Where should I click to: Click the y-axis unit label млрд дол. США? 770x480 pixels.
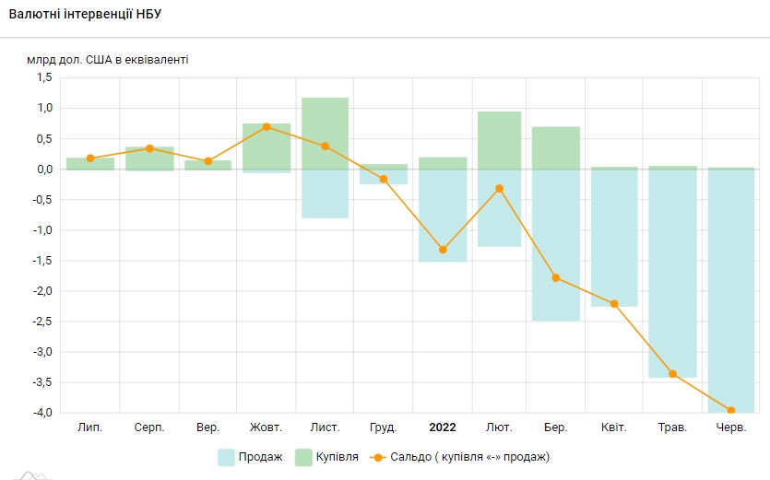pyautogui.click(x=107, y=60)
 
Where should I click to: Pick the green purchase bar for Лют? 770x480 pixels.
pyautogui.click(x=499, y=140)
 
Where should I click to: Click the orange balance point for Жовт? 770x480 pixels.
pyautogui.click(x=267, y=126)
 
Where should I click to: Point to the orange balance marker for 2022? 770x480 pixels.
pyautogui.click(x=443, y=250)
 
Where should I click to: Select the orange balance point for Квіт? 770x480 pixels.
pyautogui.click(x=614, y=304)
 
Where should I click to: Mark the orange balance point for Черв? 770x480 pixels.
pyautogui.click(x=731, y=411)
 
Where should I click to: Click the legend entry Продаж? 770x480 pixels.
pyautogui.click(x=250, y=457)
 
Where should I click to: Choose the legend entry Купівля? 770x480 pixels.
pyautogui.click(x=326, y=457)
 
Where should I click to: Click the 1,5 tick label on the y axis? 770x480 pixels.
pyautogui.click(x=44, y=78)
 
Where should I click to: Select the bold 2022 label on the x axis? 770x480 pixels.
pyautogui.click(x=443, y=427)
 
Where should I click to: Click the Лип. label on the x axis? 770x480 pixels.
pyautogui.click(x=90, y=427)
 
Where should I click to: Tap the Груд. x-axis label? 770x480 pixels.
pyautogui.click(x=383, y=427)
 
